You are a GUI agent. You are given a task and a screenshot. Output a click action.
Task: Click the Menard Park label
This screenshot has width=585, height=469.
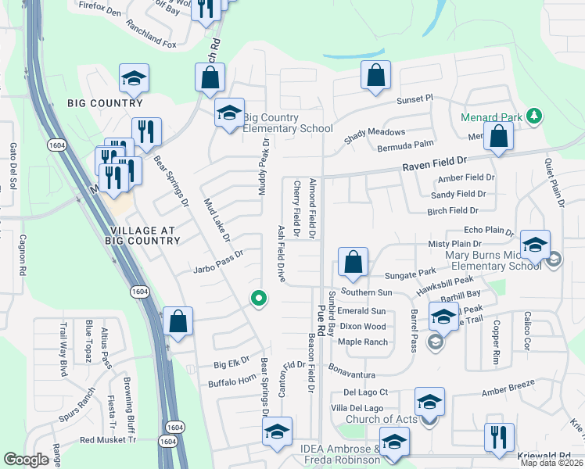490,118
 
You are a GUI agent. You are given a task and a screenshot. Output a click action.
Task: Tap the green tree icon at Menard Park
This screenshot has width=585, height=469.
534,116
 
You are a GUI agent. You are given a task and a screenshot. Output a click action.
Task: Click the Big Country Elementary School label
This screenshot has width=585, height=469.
288,123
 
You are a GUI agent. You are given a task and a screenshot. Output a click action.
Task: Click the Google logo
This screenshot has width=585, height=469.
26,460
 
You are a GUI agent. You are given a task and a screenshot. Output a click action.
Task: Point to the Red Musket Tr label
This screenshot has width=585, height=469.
108,439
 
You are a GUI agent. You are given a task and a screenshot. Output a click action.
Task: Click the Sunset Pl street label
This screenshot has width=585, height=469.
415,100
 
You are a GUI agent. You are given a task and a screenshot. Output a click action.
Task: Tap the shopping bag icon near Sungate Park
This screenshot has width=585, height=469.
354,262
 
